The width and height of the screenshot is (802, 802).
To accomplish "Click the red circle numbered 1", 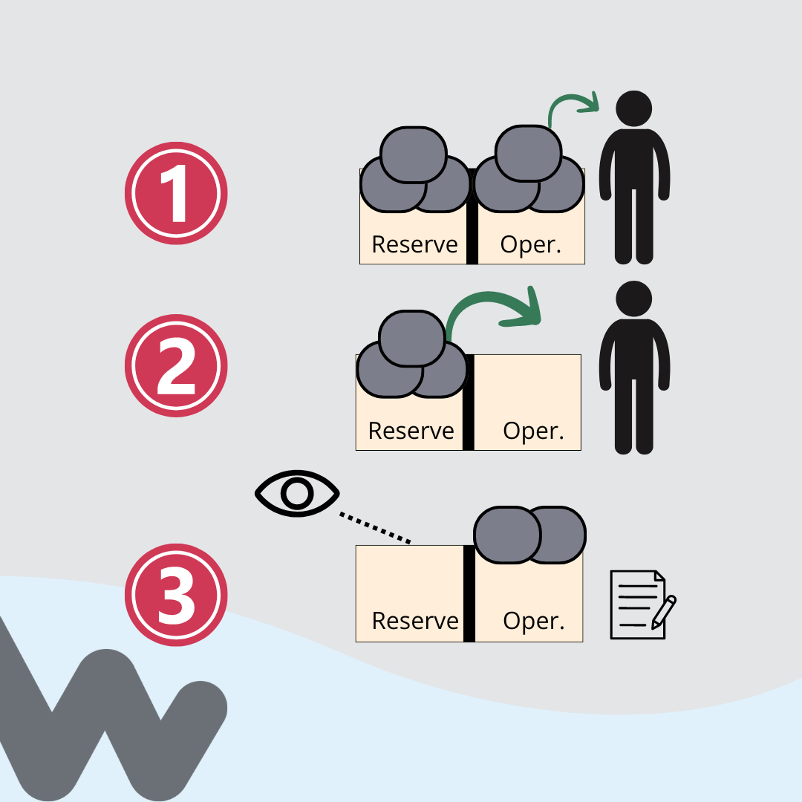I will [176, 193].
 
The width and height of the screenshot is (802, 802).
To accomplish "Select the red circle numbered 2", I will [176, 365].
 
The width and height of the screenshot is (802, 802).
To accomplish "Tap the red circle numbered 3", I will [176, 595].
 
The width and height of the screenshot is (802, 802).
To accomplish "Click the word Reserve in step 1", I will [414, 244].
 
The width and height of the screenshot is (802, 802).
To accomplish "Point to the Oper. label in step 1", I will [530, 244].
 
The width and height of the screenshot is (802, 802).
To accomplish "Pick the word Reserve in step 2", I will [411, 431].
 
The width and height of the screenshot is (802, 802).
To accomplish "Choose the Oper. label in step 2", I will [533, 431].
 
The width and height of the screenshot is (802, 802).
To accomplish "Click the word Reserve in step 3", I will [414, 620].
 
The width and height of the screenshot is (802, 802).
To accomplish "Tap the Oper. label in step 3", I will [533, 621].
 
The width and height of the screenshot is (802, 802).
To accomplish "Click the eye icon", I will [297, 492].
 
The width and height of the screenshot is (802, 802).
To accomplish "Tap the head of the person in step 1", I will [634, 108].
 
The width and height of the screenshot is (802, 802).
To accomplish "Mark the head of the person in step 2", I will [634, 299].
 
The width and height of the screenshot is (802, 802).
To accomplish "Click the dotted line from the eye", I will [375, 527].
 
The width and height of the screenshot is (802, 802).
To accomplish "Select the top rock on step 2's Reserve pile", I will [411, 338].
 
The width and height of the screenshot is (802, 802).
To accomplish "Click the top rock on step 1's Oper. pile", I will [528, 153].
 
